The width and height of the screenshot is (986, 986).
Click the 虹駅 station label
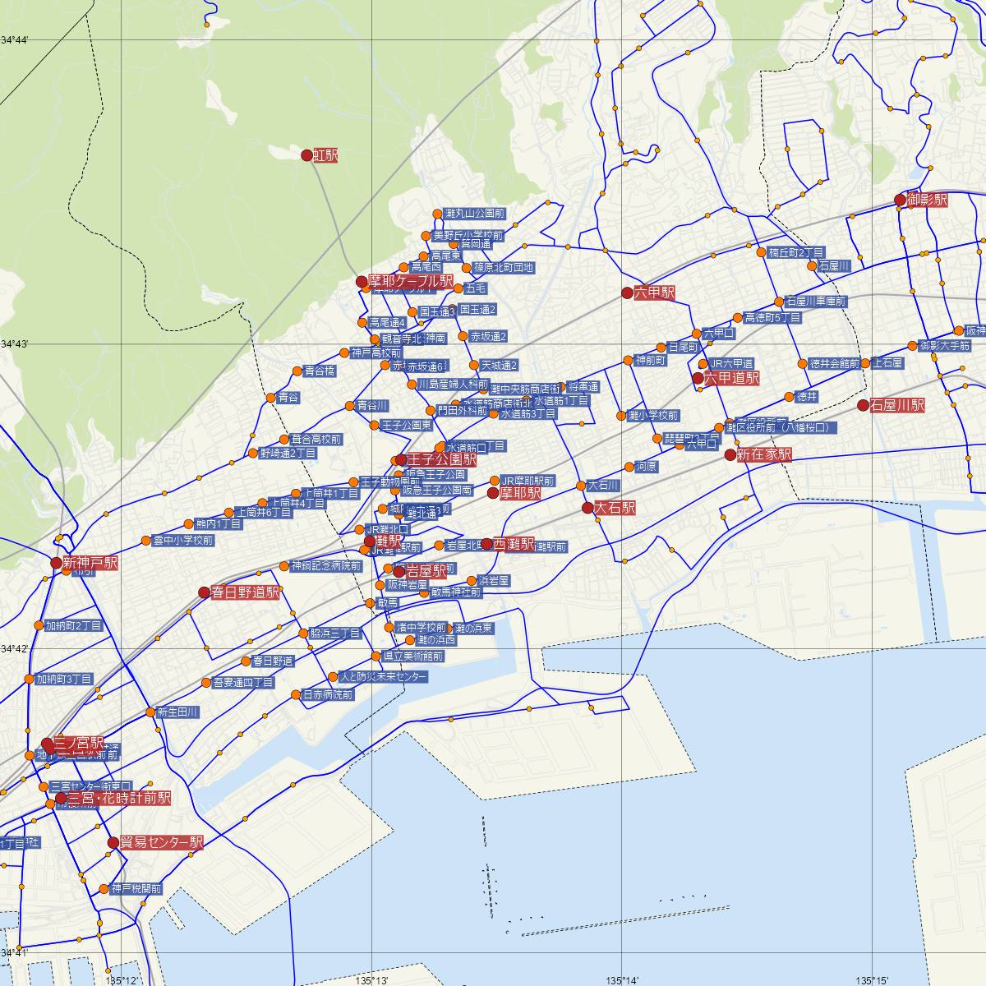coord(326,155)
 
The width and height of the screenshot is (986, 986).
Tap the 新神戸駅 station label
coord(90,563)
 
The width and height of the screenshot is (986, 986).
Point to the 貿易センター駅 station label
coord(161,843)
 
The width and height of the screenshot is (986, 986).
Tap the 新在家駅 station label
coord(764,454)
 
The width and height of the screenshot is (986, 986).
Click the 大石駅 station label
coord(615,509)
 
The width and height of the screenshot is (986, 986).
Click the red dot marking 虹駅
coord(306,155)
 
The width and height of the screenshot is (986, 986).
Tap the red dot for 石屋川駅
coord(863,405)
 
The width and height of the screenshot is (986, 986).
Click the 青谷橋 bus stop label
coord(320,371)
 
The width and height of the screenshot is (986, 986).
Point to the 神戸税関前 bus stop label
coord(136,889)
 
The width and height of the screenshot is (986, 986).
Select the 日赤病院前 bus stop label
coord(328,694)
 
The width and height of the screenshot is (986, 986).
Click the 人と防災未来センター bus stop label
coord(383,678)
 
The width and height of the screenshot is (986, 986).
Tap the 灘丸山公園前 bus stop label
coord(474,214)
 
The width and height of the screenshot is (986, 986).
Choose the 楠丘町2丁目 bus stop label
coord(796,252)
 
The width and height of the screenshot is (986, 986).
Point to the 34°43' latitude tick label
coord(15,344)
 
